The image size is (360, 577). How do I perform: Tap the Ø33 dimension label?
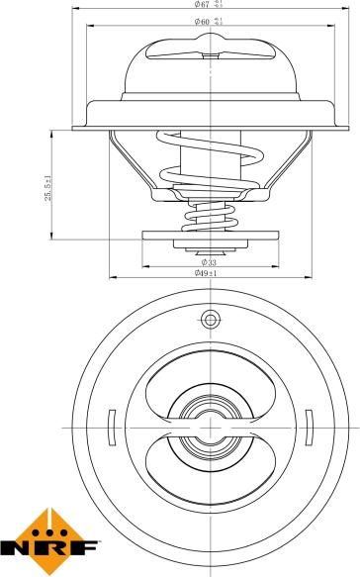209,261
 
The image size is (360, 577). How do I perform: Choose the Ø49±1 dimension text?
209,273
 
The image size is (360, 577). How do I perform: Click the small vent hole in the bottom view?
209,319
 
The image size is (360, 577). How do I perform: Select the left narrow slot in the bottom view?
111,427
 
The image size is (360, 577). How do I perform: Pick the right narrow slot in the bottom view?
308,427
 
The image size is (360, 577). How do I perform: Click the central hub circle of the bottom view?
209,426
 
